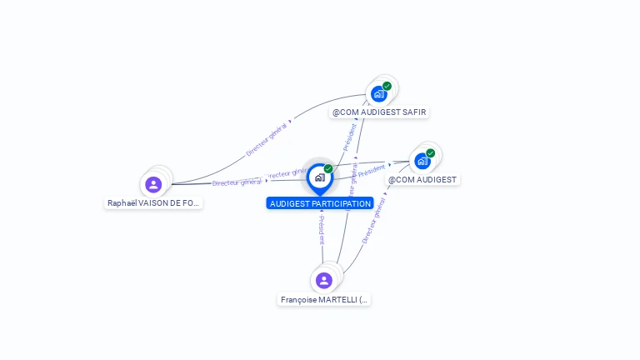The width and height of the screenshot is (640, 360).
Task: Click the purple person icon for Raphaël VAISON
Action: pos(153,184)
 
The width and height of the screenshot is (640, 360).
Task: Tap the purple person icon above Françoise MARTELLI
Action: pos(324,280)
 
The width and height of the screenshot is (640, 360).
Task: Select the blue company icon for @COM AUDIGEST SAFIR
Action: pos(379,93)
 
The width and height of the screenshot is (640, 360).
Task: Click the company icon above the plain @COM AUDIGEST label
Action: pos(422,161)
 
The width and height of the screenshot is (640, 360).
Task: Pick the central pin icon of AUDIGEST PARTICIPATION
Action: pos(319,177)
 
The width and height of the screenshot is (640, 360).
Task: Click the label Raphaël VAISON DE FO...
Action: pos(153,202)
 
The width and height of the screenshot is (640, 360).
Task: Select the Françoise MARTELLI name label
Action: pos(324,299)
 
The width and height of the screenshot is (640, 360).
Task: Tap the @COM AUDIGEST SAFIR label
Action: pos(380,112)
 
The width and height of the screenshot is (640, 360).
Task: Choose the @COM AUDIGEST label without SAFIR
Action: pos(422,179)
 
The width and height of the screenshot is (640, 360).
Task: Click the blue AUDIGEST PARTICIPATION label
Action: pos(320,203)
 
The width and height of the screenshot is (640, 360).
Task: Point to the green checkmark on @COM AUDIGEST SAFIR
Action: pos(387,86)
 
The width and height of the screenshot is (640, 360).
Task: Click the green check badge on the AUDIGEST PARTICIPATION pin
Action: pos(328,169)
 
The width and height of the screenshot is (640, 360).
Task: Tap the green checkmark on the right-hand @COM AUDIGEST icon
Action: pos(431,153)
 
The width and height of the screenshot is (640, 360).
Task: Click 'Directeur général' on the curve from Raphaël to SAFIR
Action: pos(267,138)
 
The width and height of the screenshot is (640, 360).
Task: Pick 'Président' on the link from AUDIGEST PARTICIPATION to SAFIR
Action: pos(350,137)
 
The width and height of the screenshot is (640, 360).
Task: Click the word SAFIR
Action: pos(415,112)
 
